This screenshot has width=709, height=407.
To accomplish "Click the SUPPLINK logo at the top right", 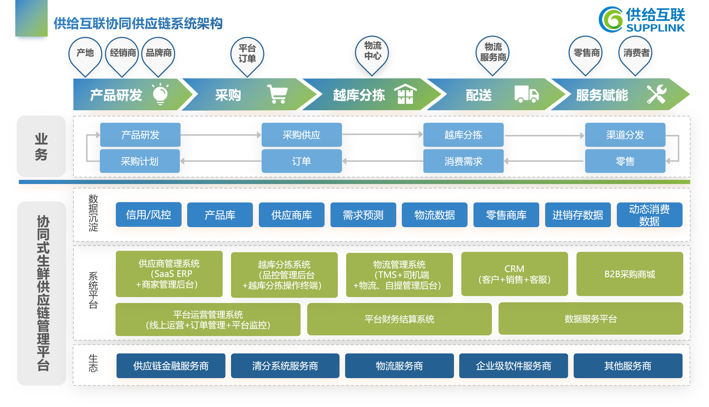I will (642, 20).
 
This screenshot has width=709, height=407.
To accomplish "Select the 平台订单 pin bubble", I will (247, 54).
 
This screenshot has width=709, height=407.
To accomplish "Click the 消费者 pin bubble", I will (636, 53).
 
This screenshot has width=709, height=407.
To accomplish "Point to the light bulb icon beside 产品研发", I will (160, 94).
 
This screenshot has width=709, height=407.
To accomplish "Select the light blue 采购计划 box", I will (140, 161).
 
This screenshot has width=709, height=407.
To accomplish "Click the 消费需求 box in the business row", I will (463, 161).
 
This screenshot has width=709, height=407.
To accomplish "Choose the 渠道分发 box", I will (625, 135).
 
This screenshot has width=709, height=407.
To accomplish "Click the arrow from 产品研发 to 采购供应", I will (221, 135).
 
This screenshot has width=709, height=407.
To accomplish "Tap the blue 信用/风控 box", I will (149, 215).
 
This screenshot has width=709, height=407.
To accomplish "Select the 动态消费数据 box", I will (649, 215).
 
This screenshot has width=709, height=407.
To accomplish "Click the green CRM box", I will (514, 274).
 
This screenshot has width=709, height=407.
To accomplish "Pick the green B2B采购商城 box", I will (629, 274).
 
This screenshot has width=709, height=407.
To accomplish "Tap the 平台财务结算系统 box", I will (399, 319).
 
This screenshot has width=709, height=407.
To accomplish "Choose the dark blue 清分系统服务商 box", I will (285, 366).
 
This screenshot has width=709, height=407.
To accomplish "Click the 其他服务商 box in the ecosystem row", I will (628, 366).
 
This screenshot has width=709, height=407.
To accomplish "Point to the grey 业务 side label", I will (41, 146).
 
